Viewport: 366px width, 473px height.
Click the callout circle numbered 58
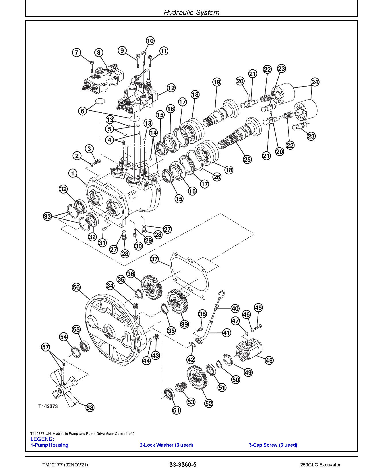pyautogui.click(x=90, y=407)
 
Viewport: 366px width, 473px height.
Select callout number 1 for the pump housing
pyautogui.click(x=73, y=173)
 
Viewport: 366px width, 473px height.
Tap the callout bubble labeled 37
pyautogui.click(x=154, y=259)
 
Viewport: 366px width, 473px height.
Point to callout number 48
pyautogui.click(x=269, y=360)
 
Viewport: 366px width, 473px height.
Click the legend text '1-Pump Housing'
pyautogui.click(x=49, y=445)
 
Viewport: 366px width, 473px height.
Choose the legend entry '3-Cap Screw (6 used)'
pyautogui.click(x=273, y=445)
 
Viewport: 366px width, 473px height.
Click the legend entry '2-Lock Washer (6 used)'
pyautogui.click(x=166, y=445)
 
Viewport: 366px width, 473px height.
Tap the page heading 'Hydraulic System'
pyautogui.click(x=191, y=12)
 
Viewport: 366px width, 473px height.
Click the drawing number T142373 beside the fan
pyautogui.click(x=48, y=406)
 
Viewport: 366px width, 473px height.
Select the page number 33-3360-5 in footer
pyautogui.click(x=183, y=464)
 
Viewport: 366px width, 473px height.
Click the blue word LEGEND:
pyautogui.click(x=42, y=439)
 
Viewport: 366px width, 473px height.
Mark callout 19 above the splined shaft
pyautogui.click(x=217, y=82)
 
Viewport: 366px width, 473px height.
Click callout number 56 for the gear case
pyautogui.click(x=76, y=287)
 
